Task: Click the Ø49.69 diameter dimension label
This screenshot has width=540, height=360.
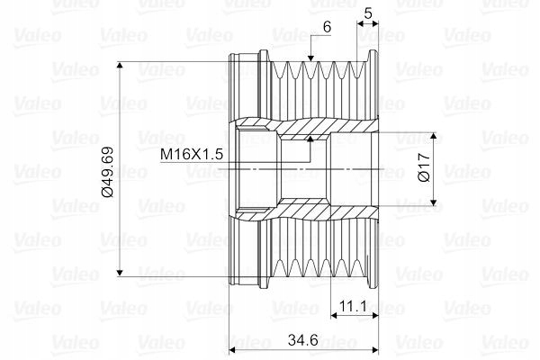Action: [x=108, y=172]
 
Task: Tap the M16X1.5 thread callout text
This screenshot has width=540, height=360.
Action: [x=192, y=154]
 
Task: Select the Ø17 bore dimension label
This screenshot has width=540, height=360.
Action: [x=424, y=167]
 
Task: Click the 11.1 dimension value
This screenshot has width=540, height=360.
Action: [x=354, y=306]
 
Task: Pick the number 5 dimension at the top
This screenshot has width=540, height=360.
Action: [x=368, y=13]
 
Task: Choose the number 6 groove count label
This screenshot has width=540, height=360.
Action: [x=327, y=26]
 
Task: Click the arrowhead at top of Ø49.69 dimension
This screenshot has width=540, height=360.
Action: [x=120, y=65]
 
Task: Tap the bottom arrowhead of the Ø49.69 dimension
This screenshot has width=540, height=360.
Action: [x=120, y=273]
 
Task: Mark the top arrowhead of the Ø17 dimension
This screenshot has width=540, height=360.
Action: [x=434, y=136]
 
